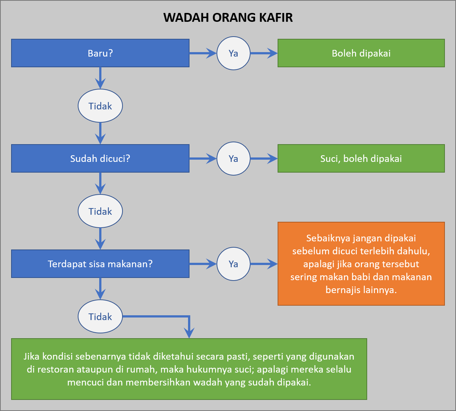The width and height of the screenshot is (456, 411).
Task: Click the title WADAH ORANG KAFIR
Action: [228, 17]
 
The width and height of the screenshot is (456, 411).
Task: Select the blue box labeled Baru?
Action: [100, 53]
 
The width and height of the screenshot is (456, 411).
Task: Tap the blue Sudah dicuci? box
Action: [100, 159]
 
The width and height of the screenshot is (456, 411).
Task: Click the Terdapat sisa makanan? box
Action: [100, 264]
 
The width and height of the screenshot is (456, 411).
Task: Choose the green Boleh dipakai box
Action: [361, 53]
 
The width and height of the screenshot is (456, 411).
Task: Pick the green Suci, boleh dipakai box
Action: [361, 159]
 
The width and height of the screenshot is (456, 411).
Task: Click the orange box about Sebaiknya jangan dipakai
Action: [361, 264]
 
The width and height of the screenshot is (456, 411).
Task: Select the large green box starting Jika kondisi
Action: [189, 369]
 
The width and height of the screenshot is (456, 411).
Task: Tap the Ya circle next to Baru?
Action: [234, 53]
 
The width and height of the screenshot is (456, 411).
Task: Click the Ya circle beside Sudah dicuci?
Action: [234, 159]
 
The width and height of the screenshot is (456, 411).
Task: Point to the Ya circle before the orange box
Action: [234, 264]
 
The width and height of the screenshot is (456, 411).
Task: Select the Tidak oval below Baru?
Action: [100, 106]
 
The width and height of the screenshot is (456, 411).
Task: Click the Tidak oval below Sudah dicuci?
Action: [100, 211]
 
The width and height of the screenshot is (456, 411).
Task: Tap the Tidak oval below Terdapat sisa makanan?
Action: [100, 316]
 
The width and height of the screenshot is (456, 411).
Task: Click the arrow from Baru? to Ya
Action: [203, 53]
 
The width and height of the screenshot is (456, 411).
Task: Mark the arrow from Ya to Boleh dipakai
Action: [264, 53]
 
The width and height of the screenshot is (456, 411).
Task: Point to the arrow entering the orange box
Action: [264, 264]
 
